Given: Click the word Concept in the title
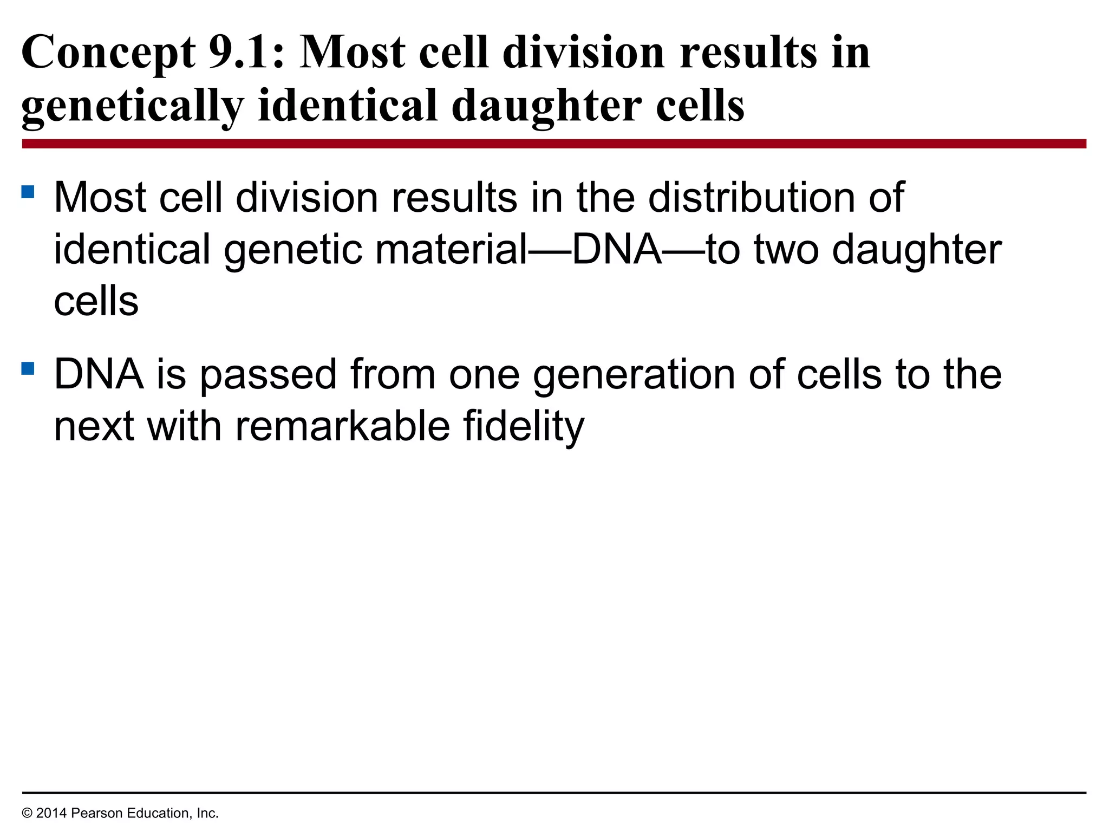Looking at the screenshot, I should [108, 53].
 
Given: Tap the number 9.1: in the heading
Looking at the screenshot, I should [246, 53].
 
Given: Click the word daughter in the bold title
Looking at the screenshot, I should [546, 106].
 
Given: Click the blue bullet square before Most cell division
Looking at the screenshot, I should [28, 192].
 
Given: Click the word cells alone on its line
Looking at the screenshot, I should [96, 302].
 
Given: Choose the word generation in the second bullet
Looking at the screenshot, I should [634, 375].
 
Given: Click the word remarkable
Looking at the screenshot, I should [342, 427].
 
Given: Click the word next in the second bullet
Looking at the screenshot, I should [94, 427].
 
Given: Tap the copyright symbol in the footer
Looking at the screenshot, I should [27, 813].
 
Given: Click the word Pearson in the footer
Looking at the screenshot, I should [94, 813].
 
